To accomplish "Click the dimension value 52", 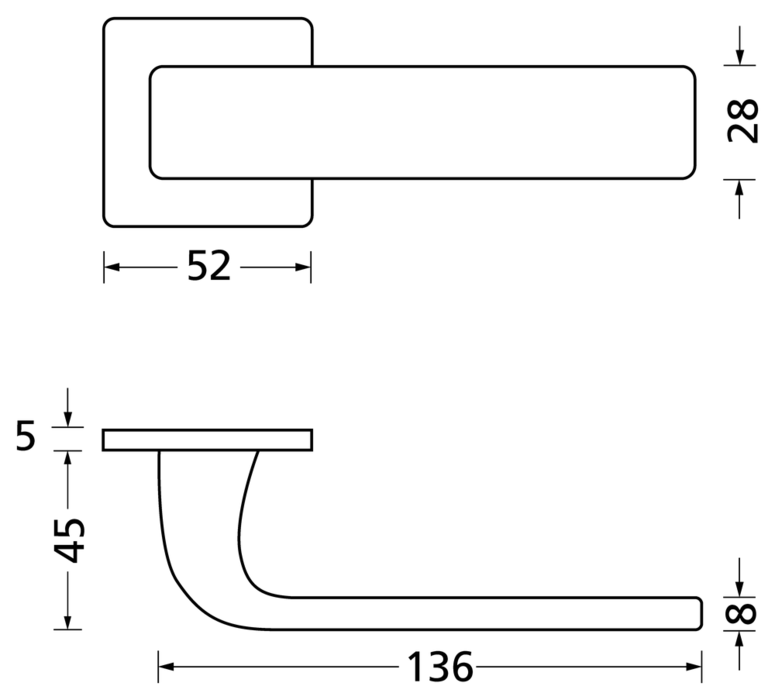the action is point(209,266).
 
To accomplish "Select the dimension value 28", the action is point(743,121).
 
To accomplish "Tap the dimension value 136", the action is point(439,667).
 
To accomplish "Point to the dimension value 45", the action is point(69,540).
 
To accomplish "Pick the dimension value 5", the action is point(26,435).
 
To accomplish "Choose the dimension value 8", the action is point(740,613).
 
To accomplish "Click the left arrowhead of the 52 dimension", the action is point(111,267).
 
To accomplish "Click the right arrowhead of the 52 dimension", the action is point(303,267).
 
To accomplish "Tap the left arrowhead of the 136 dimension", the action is point(166,667).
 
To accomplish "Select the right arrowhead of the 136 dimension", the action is point(694,667).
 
